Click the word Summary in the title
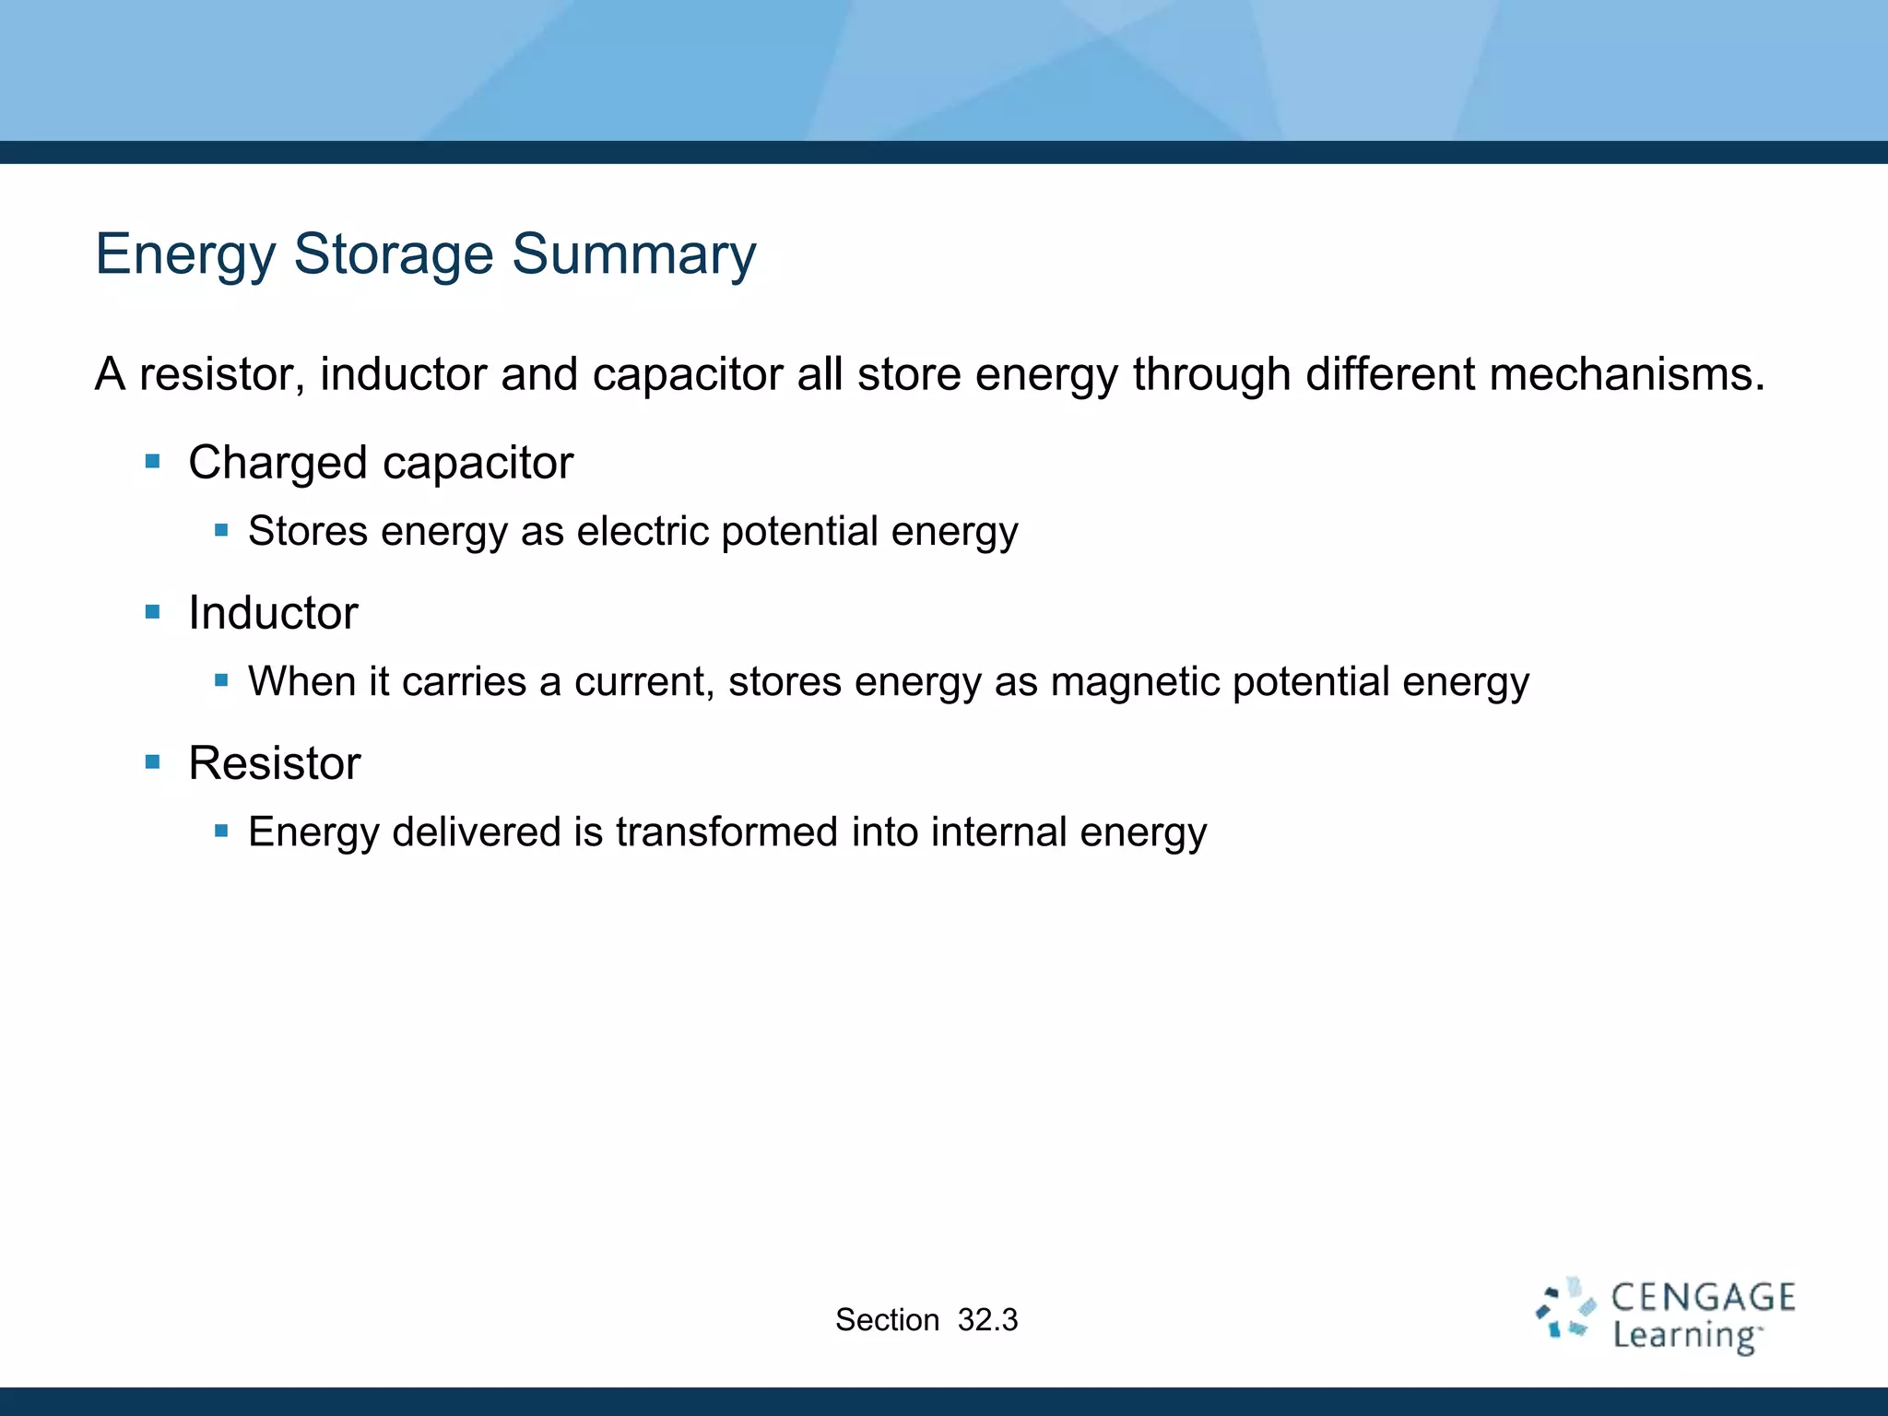634,254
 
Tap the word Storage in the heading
394,254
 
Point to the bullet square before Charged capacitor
153,461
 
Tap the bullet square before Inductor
153,611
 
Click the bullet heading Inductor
273,612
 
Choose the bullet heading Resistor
274,762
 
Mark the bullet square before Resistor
153,761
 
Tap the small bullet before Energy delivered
221,831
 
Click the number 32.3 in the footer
987,1320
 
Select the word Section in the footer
887,1320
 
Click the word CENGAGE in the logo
1703,1297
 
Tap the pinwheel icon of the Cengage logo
1565,1309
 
